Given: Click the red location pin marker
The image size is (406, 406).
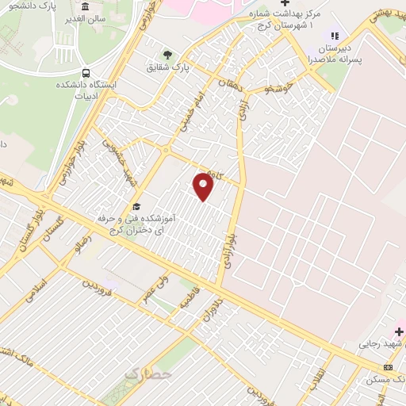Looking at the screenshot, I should pos(204,187).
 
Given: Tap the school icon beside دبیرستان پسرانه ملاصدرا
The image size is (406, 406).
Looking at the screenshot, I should pos(335,36).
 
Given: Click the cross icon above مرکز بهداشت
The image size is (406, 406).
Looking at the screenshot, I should pos(285,3).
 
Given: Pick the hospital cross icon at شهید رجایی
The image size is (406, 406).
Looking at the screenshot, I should pos(400,331).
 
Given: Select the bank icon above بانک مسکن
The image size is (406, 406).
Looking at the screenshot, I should pos(388,367).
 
